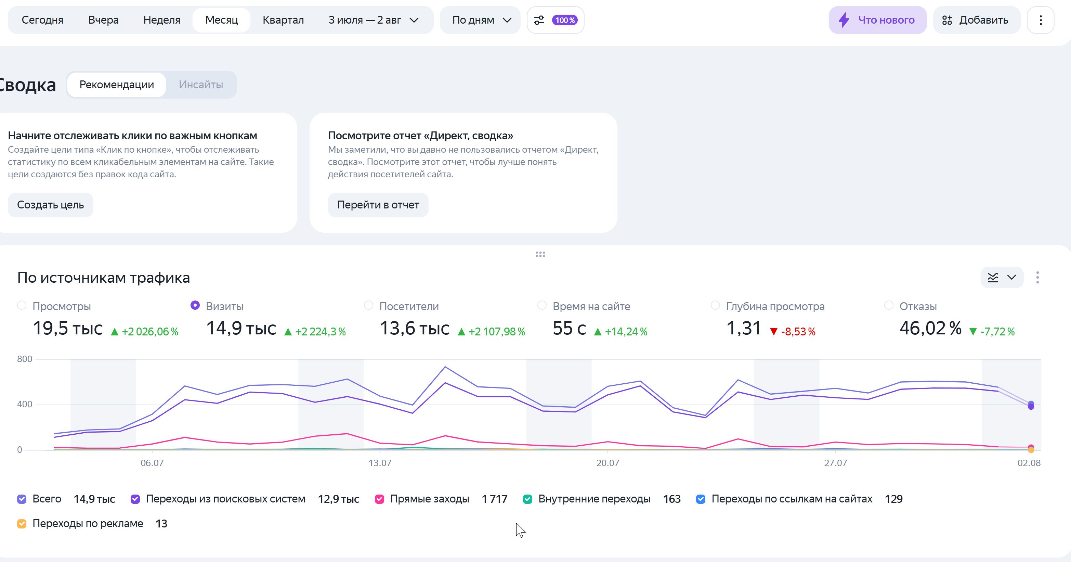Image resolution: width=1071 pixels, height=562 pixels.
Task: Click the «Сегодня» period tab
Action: tap(42, 20)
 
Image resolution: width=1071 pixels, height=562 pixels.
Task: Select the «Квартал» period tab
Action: tap(283, 20)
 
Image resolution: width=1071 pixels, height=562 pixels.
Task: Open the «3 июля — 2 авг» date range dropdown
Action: tap(373, 20)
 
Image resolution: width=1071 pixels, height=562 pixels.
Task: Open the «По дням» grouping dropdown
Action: tap(481, 20)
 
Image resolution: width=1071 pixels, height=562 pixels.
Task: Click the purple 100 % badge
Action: tap(565, 20)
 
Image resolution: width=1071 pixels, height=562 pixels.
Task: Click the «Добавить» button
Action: tap(976, 20)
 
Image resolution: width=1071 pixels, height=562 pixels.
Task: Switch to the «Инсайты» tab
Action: tap(201, 85)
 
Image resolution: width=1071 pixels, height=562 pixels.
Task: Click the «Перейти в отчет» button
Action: tap(378, 205)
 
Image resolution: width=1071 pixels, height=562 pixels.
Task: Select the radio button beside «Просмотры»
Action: tap(22, 305)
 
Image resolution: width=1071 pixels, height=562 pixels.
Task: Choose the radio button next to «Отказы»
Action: tap(888, 305)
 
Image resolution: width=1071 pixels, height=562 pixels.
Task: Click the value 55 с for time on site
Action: tap(569, 328)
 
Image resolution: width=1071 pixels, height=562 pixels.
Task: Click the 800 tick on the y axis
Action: tap(25, 359)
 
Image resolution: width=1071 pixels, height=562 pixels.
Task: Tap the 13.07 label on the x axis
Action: tap(380, 463)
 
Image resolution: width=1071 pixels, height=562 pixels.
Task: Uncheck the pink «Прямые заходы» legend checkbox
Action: tap(379, 499)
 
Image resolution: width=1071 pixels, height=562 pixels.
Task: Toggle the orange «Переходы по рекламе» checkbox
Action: tap(22, 524)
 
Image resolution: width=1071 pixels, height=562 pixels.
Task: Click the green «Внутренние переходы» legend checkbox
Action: tap(527, 499)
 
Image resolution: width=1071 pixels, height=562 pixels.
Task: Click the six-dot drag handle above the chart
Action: tap(540, 255)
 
